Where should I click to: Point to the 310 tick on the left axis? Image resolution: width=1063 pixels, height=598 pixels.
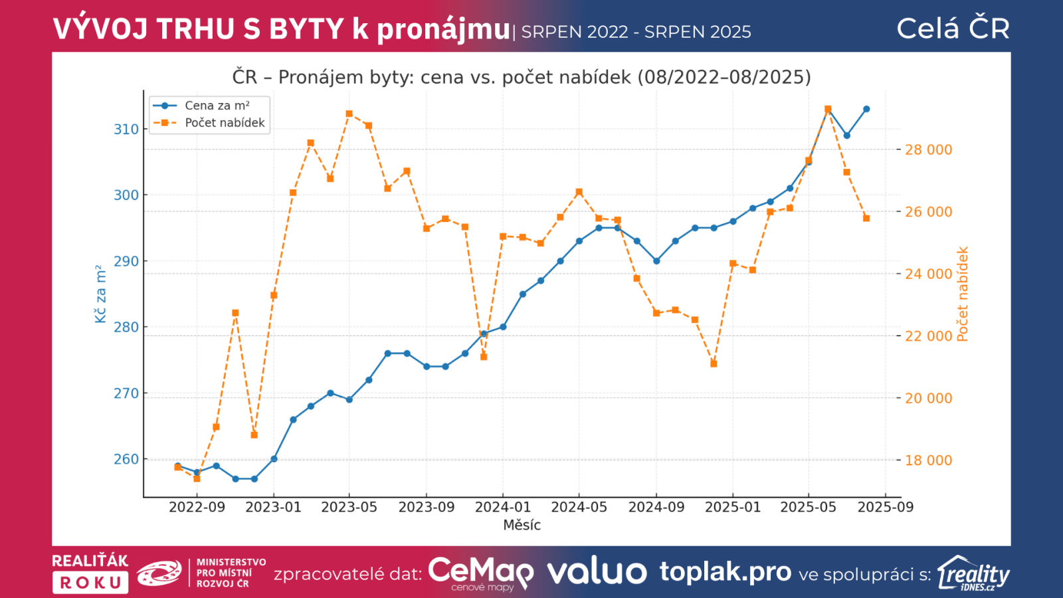[x=126, y=129]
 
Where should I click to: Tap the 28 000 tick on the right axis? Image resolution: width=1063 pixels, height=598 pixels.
[x=928, y=149]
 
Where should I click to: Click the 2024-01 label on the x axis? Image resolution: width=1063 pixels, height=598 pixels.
[x=503, y=507]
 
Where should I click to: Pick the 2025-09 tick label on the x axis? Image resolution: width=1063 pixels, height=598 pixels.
[x=886, y=507]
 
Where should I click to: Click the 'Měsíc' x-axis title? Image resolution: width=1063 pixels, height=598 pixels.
[x=522, y=525]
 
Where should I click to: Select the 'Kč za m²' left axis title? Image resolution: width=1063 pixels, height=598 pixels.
[x=100, y=294]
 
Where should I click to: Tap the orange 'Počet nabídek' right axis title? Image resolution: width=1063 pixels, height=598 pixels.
[x=963, y=294]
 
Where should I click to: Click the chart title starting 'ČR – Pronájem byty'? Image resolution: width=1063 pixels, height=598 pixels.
[x=522, y=77]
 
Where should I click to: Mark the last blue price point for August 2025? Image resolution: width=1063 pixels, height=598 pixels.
[x=866, y=109]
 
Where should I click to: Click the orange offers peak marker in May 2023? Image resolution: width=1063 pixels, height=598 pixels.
[x=349, y=114]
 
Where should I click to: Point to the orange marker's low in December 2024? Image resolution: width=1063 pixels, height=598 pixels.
[x=714, y=363]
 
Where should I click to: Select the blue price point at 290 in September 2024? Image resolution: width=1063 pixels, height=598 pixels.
[x=656, y=261]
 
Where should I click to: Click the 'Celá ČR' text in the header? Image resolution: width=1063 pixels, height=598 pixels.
[x=953, y=29]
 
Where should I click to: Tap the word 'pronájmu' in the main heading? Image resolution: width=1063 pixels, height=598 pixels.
[x=443, y=29]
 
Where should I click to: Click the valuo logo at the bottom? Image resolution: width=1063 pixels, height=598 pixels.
[x=597, y=572]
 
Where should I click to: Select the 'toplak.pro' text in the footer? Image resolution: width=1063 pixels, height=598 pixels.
[x=725, y=571]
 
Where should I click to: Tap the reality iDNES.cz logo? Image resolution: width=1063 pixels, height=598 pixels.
[x=973, y=573]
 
